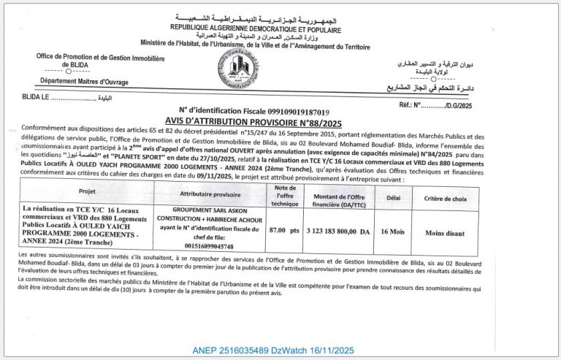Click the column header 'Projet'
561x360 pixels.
tap(88, 194)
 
